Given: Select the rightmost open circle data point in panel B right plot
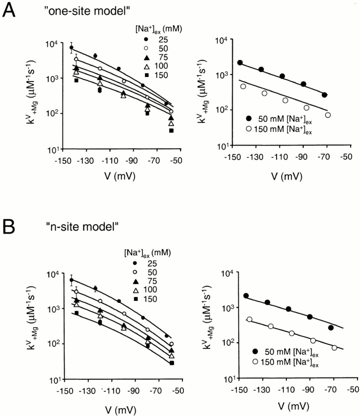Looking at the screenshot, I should coord(335,348).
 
